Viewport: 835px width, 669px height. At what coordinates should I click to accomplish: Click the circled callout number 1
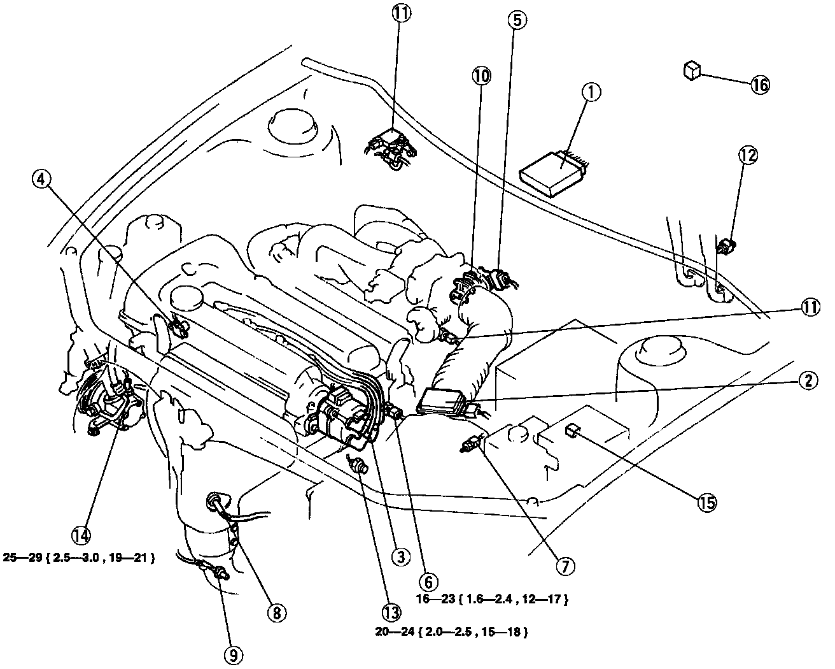(591, 94)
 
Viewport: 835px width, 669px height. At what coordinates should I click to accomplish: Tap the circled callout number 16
(759, 85)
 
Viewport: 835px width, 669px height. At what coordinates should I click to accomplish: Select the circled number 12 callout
(749, 154)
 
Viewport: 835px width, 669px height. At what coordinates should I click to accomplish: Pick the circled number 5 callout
(517, 20)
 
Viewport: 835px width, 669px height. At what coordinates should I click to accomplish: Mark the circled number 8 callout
(276, 613)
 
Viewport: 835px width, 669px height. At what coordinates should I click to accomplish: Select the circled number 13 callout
(391, 612)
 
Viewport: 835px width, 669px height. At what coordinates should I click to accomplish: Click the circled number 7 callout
(565, 565)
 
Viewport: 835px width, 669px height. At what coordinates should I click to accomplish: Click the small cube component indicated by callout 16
(692, 69)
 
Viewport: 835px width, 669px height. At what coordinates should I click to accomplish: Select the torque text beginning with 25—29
(80, 558)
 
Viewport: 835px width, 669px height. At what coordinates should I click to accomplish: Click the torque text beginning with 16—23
(492, 599)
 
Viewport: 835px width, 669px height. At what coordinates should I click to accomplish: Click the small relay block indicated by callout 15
(571, 431)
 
